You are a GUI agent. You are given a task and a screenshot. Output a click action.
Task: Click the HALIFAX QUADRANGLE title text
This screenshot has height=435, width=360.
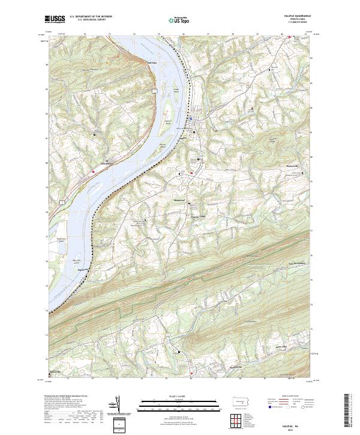(298, 17)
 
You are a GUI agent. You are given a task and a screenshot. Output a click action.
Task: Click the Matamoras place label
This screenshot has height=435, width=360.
(180, 201)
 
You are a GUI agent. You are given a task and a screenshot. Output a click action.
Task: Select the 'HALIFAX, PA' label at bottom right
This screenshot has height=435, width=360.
(296, 419)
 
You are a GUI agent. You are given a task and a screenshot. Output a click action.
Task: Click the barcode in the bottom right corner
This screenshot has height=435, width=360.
(350, 410)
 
